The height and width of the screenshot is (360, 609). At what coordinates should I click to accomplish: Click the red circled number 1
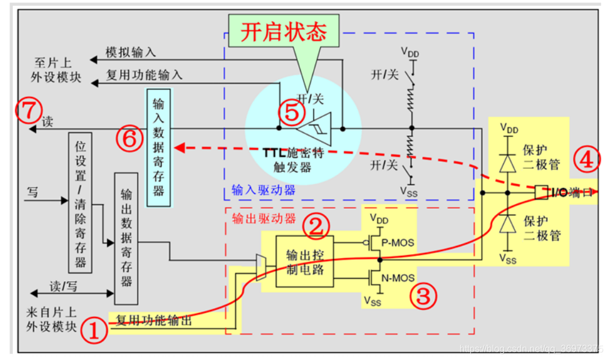click(x=95, y=331)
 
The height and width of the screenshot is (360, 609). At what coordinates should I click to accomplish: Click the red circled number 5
click(x=291, y=112)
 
